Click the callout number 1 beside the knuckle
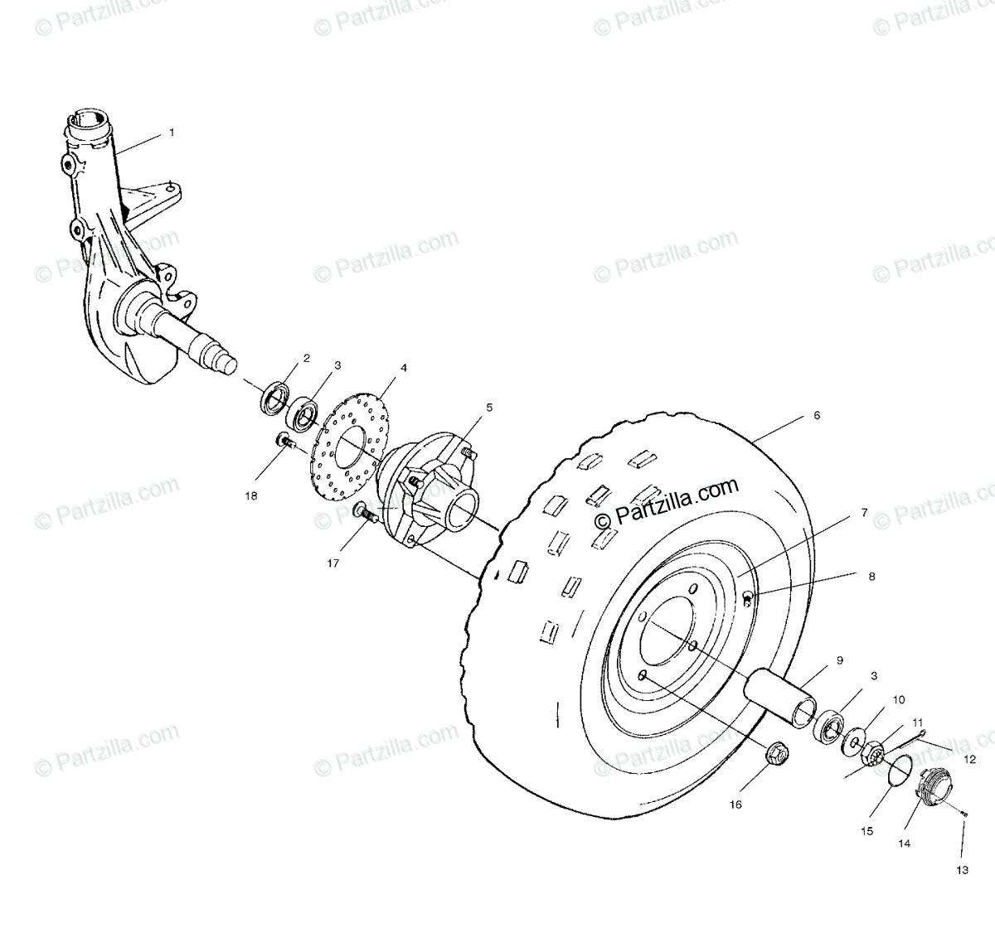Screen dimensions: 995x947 point(172,132)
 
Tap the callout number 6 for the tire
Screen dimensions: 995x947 point(816,416)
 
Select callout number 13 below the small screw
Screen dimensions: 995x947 point(961,870)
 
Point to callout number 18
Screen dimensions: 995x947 point(251,496)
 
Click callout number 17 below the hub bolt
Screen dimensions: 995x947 point(333,563)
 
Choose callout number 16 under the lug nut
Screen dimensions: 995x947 point(735,804)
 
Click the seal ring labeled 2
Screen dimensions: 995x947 point(275,397)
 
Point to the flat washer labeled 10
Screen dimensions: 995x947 point(853,740)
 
